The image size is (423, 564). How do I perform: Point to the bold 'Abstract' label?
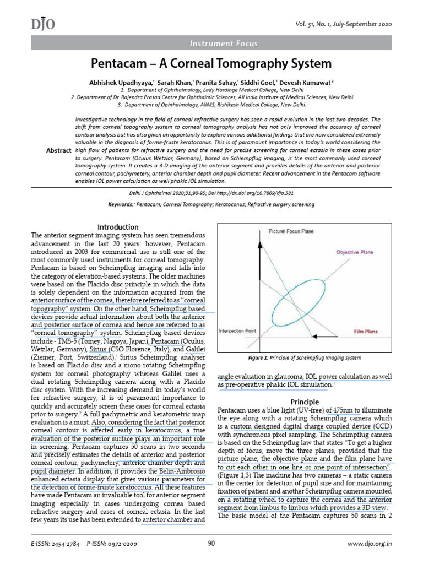pyautogui.click(x=58, y=150)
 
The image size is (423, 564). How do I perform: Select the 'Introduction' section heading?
pyautogui.click(x=118, y=227)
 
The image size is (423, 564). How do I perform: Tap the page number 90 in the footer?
pyautogui.click(x=211, y=543)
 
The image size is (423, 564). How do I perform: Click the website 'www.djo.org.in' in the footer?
pyautogui.click(x=370, y=543)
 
